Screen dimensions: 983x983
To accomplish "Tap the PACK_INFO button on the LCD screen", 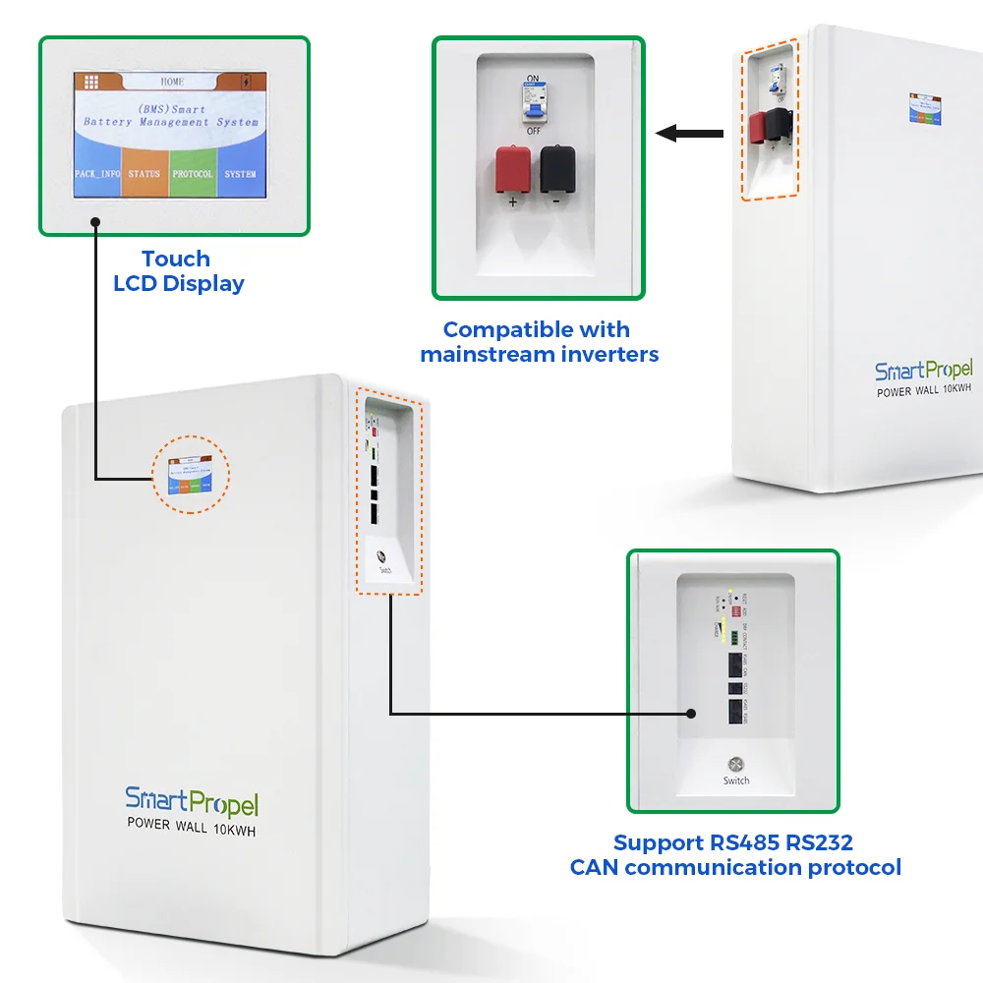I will coord(97,174).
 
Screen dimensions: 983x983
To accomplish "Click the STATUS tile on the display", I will coord(145,174).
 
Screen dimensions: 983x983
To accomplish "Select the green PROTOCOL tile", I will coord(193,174).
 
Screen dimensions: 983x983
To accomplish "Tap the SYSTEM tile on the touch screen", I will coord(240,174).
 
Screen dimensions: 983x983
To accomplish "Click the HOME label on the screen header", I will coord(172,82).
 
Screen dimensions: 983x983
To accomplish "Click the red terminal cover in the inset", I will coord(512,168).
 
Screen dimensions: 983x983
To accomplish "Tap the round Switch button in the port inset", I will coord(735,765).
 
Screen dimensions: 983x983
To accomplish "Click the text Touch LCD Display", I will coord(177,271).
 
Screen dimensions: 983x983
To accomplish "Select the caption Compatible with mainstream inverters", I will coord(539,341).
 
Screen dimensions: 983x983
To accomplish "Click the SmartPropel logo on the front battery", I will coord(192,801).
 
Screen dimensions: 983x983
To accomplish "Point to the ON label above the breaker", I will coord(534,78).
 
